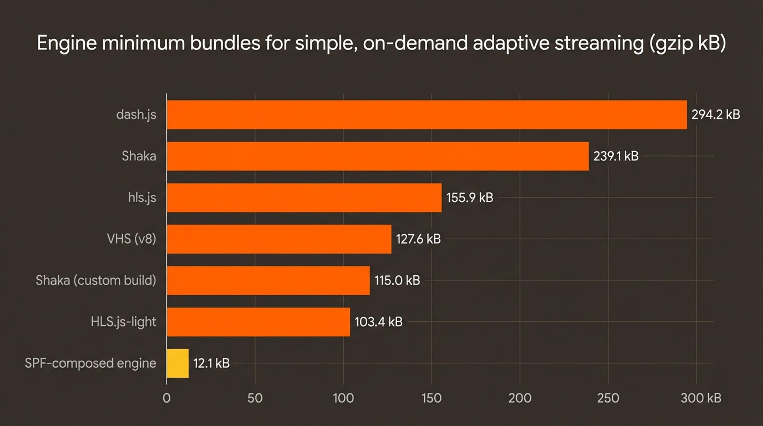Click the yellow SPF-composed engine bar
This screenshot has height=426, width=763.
tap(178, 363)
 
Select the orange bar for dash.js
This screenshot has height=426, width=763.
tap(427, 115)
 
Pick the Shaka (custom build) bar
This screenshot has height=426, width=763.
tap(268, 280)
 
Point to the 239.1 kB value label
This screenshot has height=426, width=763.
tap(616, 156)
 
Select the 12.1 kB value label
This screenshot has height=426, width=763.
tap(211, 363)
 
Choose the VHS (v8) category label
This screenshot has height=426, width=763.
tap(132, 239)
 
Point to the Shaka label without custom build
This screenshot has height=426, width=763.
tap(139, 156)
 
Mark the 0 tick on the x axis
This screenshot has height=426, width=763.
tap(167, 398)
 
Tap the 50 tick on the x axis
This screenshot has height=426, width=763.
tap(255, 398)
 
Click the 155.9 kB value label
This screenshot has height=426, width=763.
tap(470, 198)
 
